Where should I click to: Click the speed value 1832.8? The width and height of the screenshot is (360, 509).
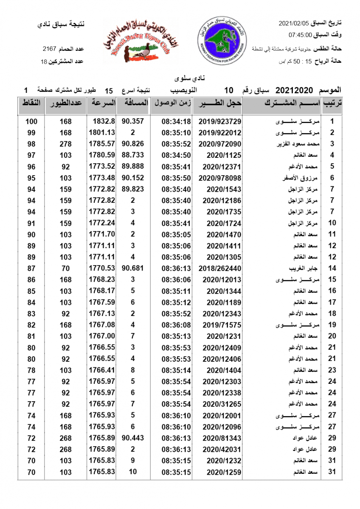102,121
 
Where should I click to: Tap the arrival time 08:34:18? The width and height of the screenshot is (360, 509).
176,121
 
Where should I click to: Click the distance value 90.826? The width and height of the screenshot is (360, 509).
132,144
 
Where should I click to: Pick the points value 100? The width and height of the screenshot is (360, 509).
31,121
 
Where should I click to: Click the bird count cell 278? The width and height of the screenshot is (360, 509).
65,144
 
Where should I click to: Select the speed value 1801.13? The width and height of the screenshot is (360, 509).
102,132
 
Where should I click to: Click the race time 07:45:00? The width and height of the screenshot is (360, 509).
300,35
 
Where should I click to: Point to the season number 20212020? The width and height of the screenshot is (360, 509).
294,90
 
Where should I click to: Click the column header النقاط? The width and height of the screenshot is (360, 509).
31,103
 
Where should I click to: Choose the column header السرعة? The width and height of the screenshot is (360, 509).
101,103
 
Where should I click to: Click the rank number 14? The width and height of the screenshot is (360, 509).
332,268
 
